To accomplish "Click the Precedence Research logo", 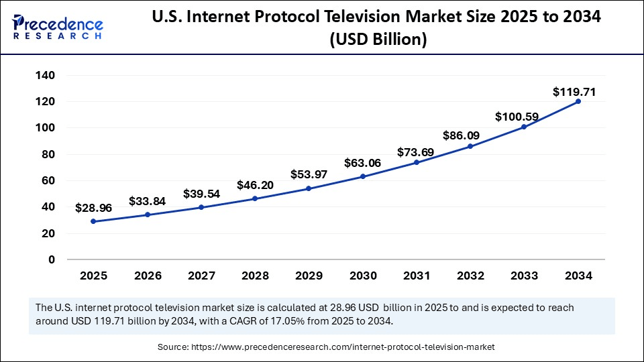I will [58, 25].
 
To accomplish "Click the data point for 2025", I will [94, 221].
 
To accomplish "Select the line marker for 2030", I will [363, 176].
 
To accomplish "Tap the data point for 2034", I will [578, 101].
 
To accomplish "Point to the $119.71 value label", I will [574, 91].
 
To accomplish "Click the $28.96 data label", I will [94, 208].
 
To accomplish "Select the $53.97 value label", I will [309, 174].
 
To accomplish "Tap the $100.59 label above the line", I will [517, 117].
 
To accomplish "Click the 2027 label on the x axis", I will [201, 276].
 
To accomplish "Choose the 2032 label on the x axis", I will [470, 276].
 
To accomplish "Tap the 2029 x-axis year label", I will [309, 276].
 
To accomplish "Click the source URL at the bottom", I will [344, 347].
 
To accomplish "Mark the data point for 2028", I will [256, 198].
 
